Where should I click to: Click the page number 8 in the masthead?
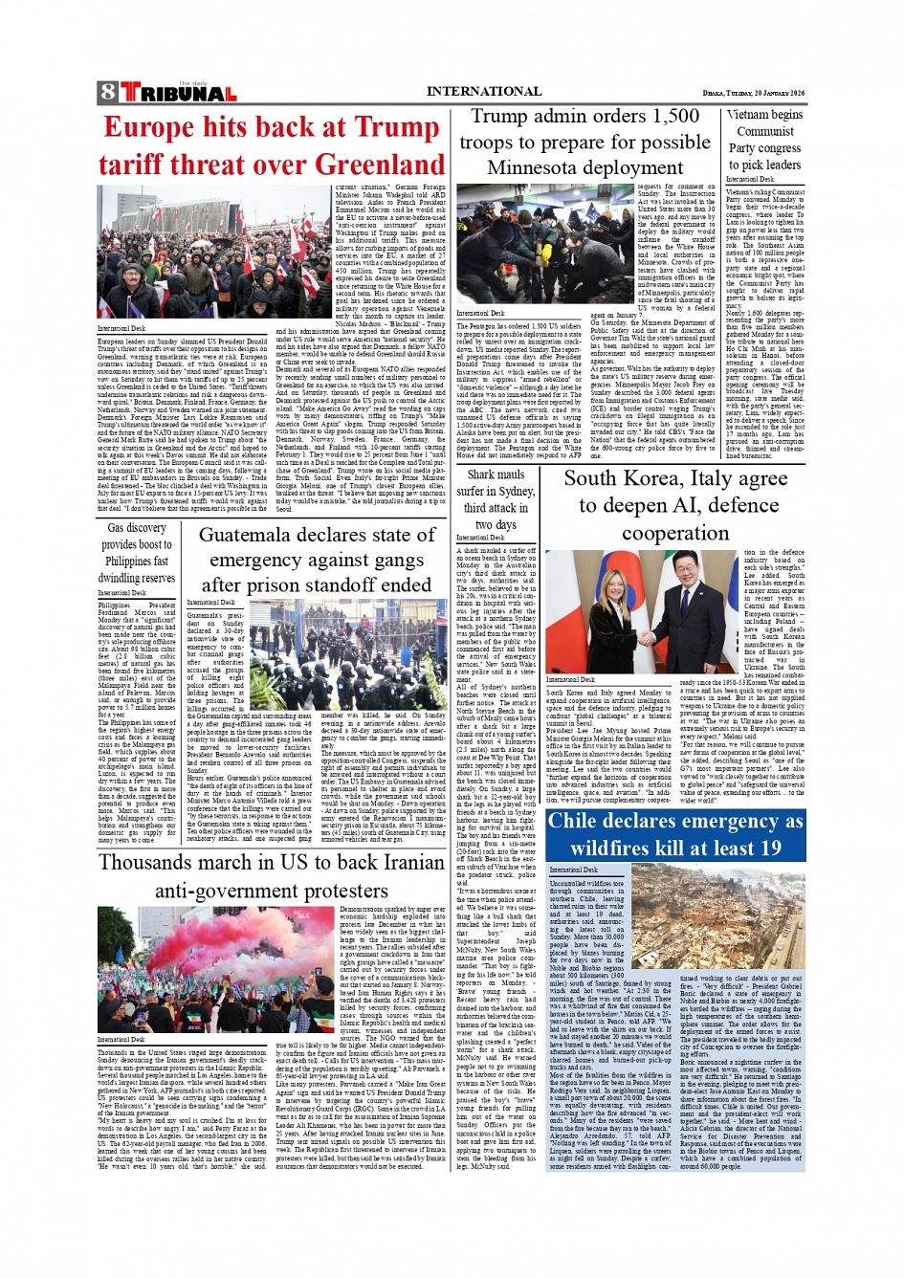tap(107, 93)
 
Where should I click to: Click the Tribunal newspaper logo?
tap(177, 93)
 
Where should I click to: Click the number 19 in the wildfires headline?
tap(770, 848)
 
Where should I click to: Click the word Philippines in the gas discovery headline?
tap(130, 562)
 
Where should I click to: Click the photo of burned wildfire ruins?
tap(717, 915)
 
